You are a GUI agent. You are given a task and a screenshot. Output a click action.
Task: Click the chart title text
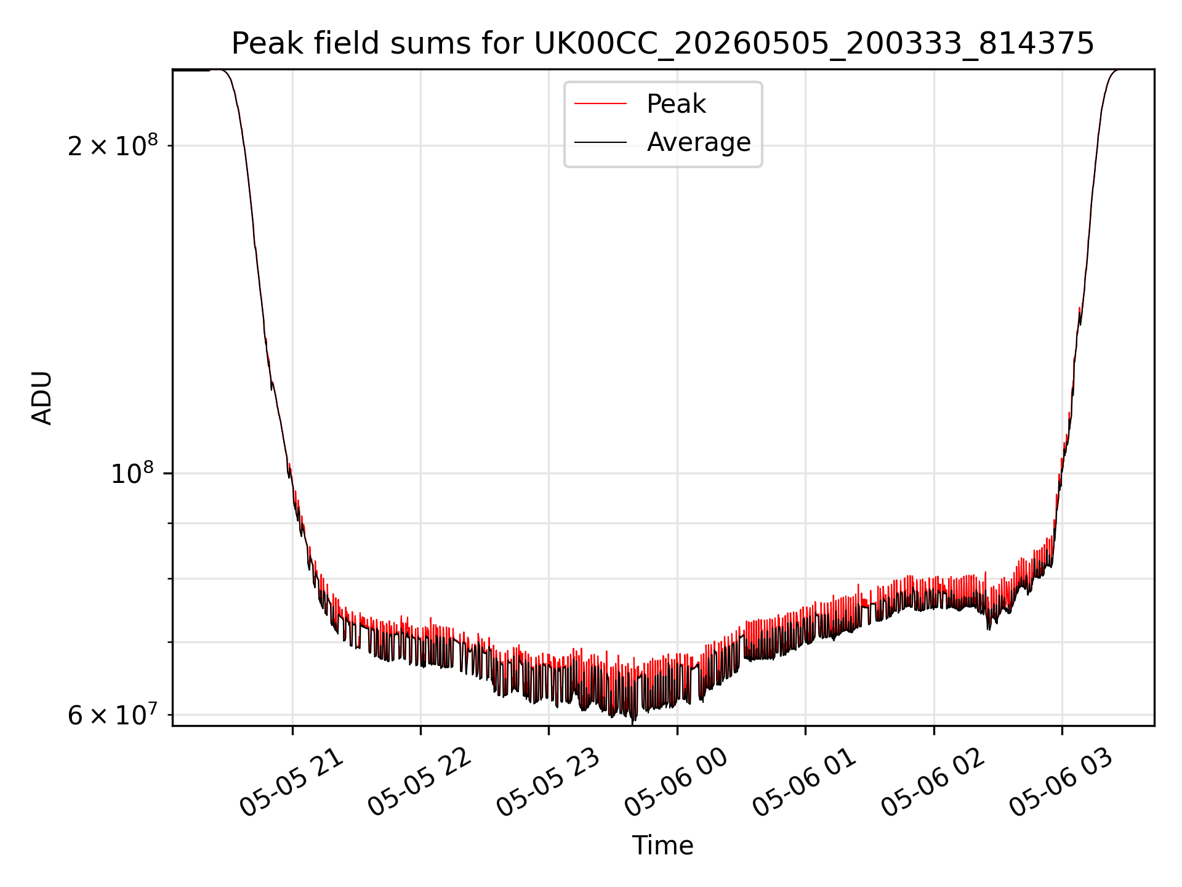click(663, 44)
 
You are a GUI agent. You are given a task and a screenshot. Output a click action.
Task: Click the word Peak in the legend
click(676, 104)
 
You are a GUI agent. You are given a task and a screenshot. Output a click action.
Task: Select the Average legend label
click(699, 142)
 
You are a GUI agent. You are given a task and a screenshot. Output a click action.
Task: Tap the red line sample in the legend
click(600, 104)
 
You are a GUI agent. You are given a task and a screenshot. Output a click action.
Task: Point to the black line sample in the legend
click(600, 142)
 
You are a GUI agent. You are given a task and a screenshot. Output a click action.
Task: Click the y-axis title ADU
click(42, 398)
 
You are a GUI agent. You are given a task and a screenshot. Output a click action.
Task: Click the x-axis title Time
click(663, 846)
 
